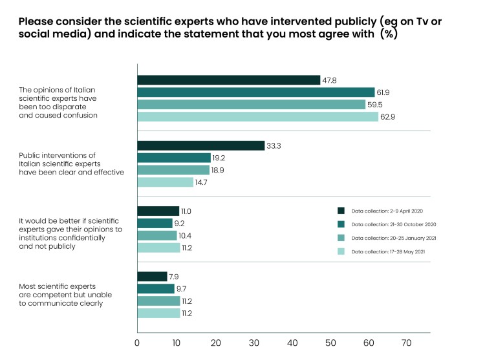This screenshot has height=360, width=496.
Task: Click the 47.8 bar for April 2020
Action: coord(229,80)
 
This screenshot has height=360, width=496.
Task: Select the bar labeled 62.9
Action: coord(257,117)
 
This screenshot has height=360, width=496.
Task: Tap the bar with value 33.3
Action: coord(201,145)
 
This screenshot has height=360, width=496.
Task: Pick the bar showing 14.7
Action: coord(165,182)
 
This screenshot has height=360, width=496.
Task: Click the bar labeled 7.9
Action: coord(152,277)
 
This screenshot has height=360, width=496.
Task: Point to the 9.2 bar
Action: coord(155,223)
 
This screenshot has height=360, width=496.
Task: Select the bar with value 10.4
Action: coord(157,235)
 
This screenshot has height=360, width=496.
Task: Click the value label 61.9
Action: coord(383,92)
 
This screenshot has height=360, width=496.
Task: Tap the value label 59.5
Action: coord(374,105)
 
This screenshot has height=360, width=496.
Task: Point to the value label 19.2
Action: coord(219,158)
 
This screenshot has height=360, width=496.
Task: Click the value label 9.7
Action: coord(182,289)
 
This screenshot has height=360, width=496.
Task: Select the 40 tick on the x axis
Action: coord(292,343)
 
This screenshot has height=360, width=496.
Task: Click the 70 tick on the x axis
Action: coord(407,343)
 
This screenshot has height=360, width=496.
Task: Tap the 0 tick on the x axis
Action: coord(137,343)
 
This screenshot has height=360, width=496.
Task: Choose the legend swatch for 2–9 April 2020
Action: coord(340,211)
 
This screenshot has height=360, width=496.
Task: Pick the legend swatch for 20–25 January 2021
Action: coord(340,238)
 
